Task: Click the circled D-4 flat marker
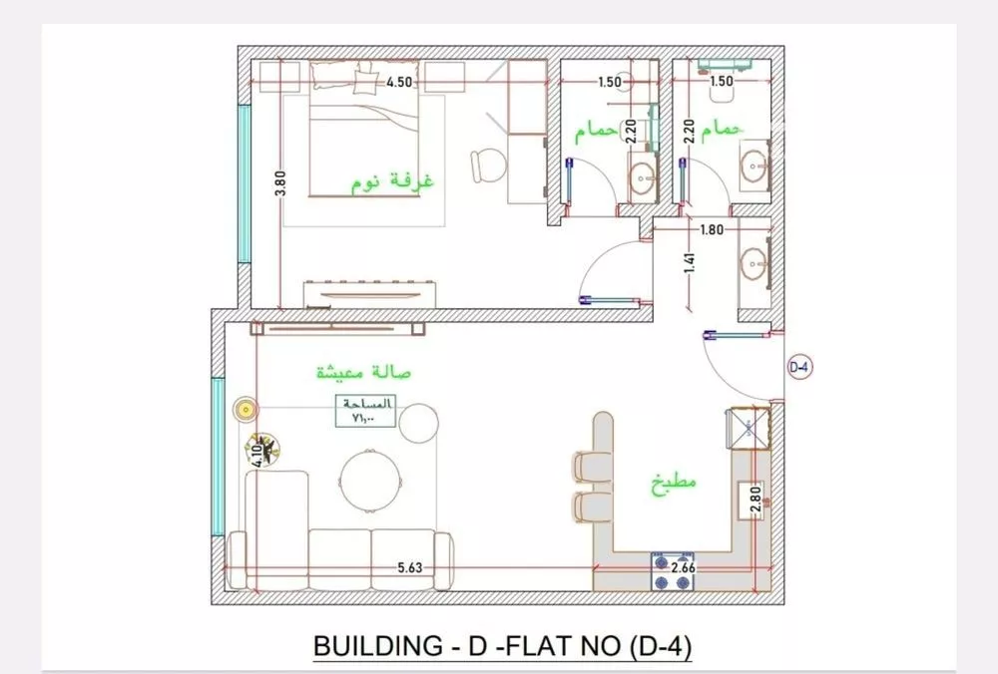click(x=799, y=367)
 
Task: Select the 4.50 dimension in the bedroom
click(x=400, y=83)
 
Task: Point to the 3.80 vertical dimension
click(x=281, y=183)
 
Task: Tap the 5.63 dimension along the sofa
click(x=410, y=568)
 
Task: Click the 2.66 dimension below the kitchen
click(x=684, y=568)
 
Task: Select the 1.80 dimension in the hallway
click(x=712, y=229)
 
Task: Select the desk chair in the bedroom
click(x=487, y=165)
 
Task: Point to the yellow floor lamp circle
click(x=245, y=408)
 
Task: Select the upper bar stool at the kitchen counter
click(x=586, y=466)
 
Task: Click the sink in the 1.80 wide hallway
click(x=754, y=265)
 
